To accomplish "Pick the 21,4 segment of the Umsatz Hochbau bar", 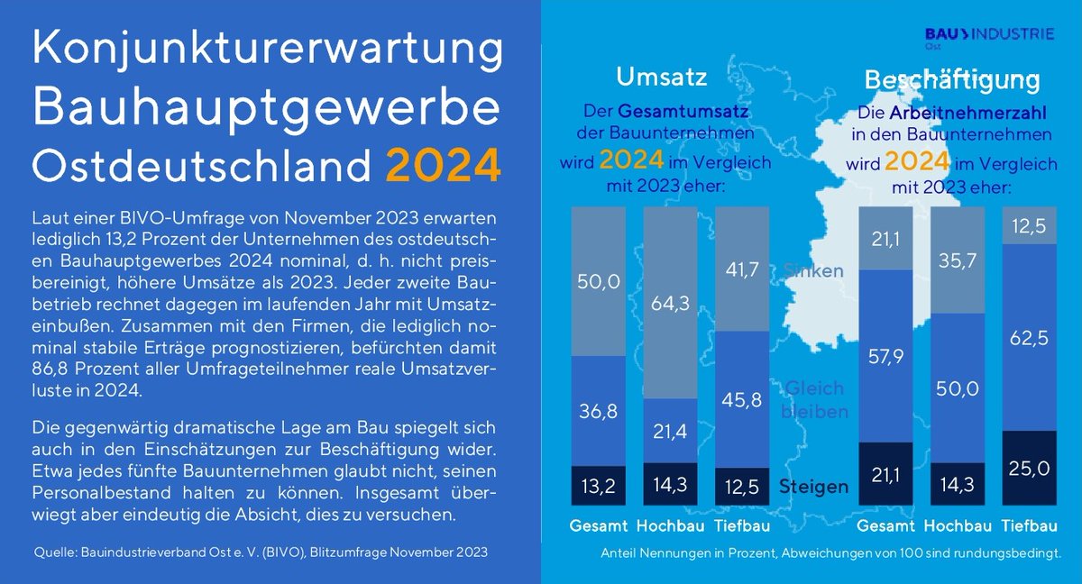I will (669, 430).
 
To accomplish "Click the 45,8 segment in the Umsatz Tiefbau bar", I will (741, 399).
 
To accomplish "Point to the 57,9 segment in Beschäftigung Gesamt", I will (885, 356).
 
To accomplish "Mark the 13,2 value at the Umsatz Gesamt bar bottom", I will (598, 486).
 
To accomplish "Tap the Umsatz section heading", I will (661, 78).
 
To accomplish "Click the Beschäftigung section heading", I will (952, 80).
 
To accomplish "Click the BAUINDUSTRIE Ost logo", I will (989, 37).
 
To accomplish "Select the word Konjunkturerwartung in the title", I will (266, 51).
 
